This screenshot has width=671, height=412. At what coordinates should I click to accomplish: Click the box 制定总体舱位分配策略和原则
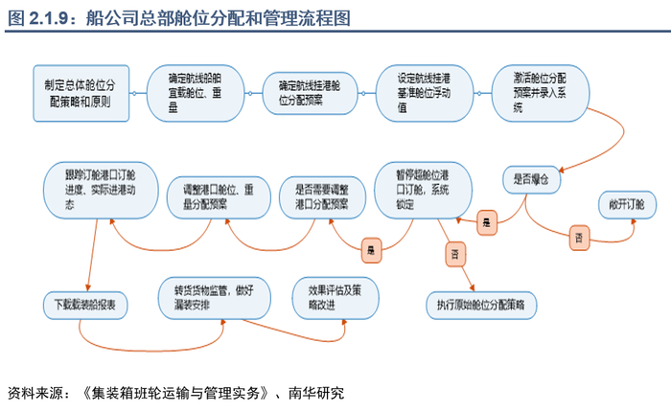(80, 92)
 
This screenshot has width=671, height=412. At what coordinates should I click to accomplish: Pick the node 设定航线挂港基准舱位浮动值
(426, 92)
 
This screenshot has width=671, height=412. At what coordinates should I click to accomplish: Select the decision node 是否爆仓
(530, 179)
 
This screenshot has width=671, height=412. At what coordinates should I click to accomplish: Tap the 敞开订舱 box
(626, 204)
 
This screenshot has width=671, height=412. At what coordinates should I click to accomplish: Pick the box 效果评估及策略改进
(329, 298)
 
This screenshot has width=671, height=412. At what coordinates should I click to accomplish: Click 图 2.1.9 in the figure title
(35, 16)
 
